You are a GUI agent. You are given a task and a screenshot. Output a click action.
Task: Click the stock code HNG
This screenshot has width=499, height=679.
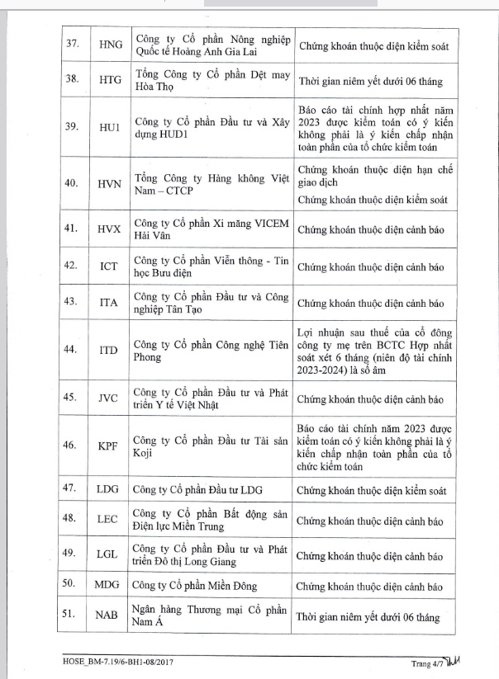tap(108, 48)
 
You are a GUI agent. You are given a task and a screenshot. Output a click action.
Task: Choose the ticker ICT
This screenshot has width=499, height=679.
tap(108, 267)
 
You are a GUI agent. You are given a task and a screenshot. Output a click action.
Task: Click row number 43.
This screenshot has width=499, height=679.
tap(73, 303)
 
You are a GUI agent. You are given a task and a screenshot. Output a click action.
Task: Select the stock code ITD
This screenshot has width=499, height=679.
tap(108, 351)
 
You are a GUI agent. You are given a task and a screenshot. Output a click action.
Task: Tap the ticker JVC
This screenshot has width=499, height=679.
tap(108, 398)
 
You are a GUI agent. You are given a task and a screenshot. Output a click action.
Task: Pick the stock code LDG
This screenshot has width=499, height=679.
tap(108, 490)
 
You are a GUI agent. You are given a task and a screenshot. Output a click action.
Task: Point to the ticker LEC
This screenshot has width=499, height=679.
tap(108, 520)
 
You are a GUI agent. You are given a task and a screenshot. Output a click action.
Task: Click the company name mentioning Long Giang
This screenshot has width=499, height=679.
tap(211, 554)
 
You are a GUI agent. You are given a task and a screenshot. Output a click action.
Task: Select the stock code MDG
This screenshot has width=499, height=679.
tap(108, 585)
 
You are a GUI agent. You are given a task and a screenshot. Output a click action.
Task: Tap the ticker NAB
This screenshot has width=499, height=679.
tap(108, 615)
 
